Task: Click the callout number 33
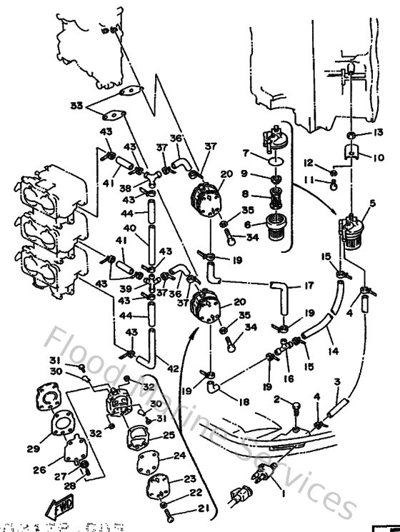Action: [x=76, y=106]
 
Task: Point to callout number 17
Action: [x=309, y=286]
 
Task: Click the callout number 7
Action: [x=245, y=154]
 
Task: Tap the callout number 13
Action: [x=379, y=134]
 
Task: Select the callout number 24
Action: [x=179, y=455]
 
